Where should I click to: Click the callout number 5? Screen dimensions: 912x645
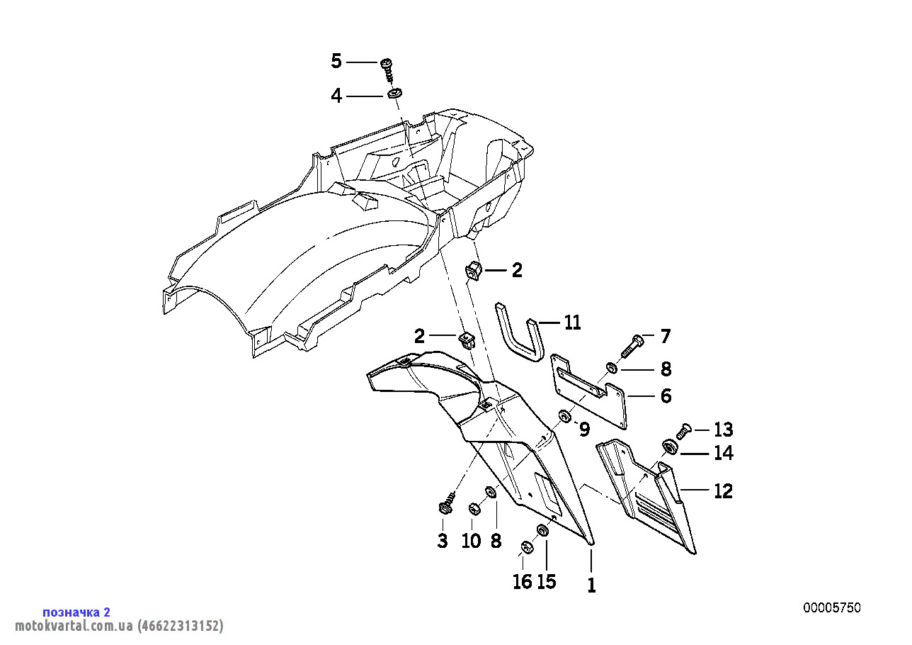pyautogui.click(x=336, y=62)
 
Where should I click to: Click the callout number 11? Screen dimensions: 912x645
pyautogui.click(x=572, y=322)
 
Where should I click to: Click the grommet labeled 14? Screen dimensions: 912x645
pyautogui.click(x=670, y=447)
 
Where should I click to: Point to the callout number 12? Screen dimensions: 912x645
pyautogui.click(x=724, y=490)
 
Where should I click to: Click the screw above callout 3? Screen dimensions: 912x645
pyautogui.click(x=447, y=503)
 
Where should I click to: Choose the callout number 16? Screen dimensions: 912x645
pyautogui.click(x=523, y=581)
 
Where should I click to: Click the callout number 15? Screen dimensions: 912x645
pyautogui.click(x=547, y=581)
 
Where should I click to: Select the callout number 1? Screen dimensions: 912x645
pyautogui.click(x=591, y=585)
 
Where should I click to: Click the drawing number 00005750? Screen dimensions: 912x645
pyautogui.click(x=832, y=607)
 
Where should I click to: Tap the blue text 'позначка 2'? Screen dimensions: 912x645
pyautogui.click(x=76, y=612)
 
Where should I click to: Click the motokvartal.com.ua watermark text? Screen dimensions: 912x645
pyautogui.click(x=119, y=625)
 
